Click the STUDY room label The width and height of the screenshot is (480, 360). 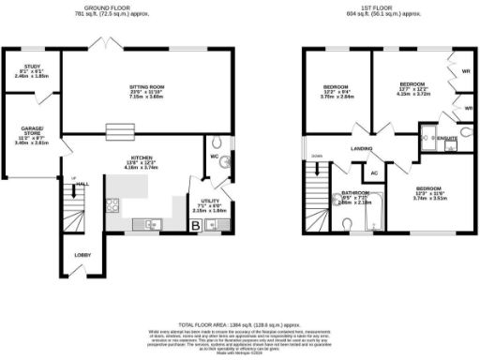30,67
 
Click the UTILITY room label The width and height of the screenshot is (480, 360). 209,201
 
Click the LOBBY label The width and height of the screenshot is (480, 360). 82,254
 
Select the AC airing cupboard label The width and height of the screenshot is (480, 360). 372,172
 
